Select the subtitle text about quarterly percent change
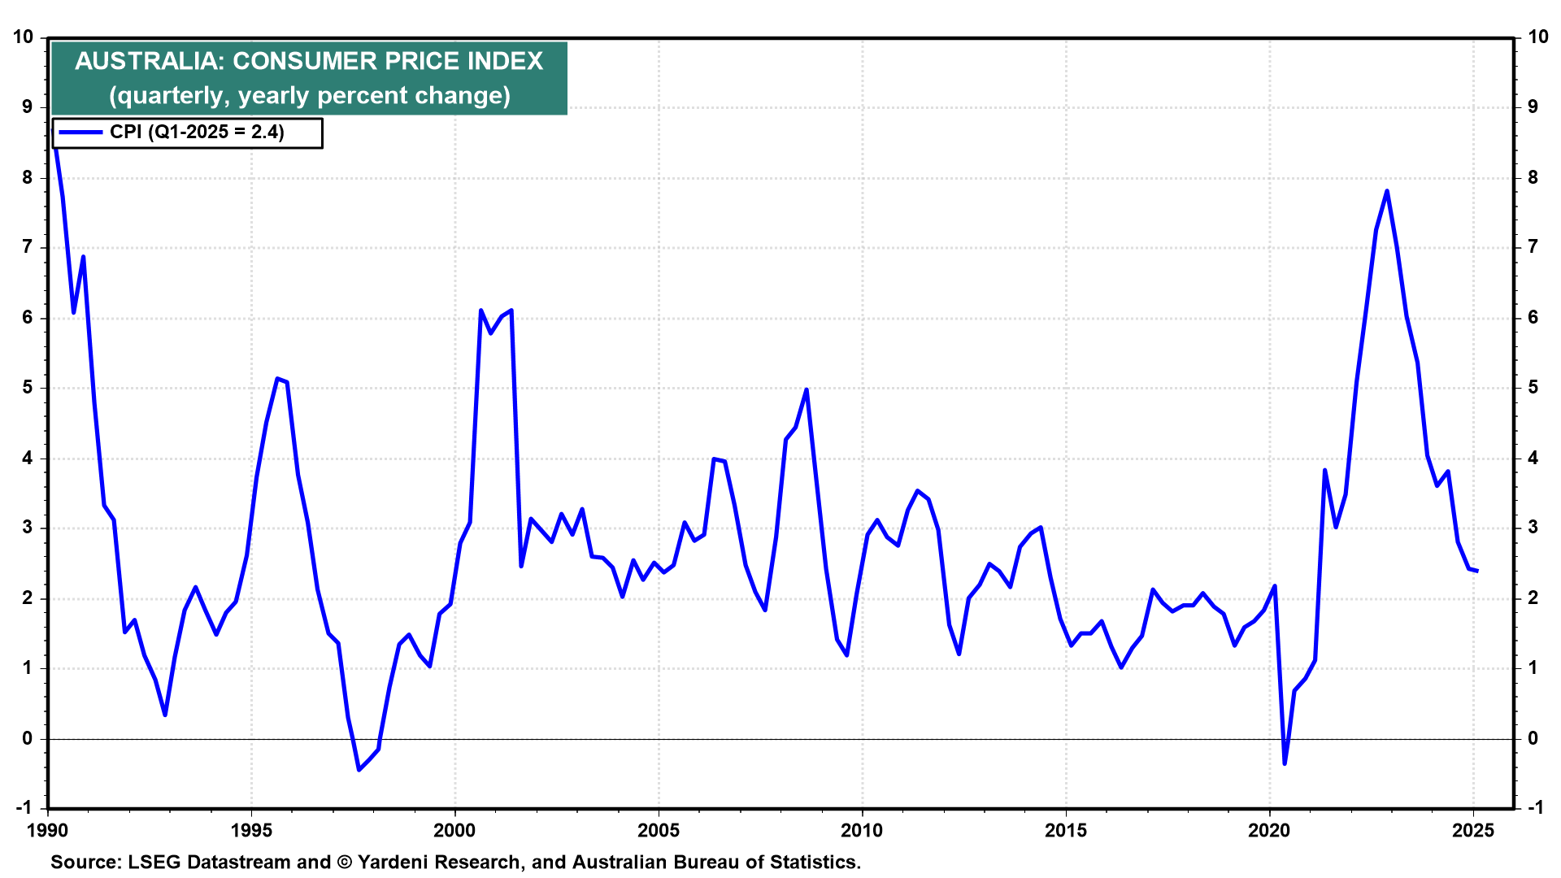point(310,96)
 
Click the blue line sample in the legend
point(80,133)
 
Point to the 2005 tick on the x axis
point(659,830)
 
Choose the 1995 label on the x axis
point(251,830)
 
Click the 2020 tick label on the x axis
point(1269,830)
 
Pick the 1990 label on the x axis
point(47,830)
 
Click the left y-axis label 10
point(23,37)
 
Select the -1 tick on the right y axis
point(1535,808)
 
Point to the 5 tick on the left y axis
point(28,388)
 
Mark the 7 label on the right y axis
point(1533,247)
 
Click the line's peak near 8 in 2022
point(1386,191)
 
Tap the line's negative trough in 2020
point(1285,763)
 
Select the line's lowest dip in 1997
point(359,769)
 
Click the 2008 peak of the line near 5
point(806,389)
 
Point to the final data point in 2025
point(1476,571)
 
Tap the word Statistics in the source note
point(815,862)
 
